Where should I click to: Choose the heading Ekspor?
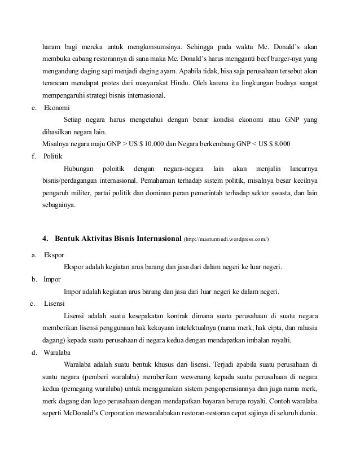(x=54, y=254)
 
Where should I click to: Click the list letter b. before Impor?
(x=33, y=279)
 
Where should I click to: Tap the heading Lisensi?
(x=55, y=303)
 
